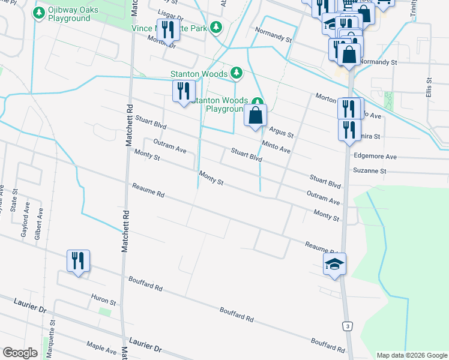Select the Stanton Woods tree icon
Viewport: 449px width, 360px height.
[x=237, y=74]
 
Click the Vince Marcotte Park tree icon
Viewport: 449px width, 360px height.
[x=217, y=28]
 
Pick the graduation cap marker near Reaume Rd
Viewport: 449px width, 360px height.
[x=335, y=264]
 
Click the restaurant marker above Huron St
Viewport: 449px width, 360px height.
[x=78, y=261]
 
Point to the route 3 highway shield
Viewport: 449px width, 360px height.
[x=348, y=325]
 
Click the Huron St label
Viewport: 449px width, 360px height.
[x=103, y=299]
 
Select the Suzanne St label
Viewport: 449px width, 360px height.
[x=387, y=171]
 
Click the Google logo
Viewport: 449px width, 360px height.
[x=20, y=353]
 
